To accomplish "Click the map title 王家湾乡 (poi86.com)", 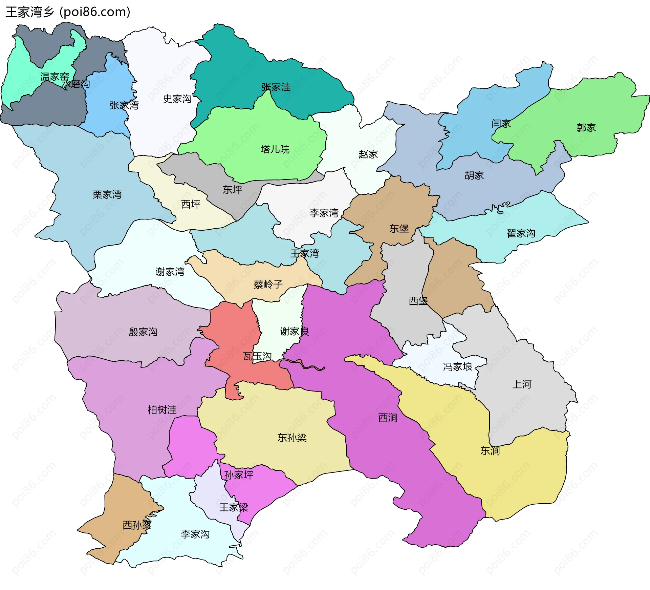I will [68, 12].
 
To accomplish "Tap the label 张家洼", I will [276, 87].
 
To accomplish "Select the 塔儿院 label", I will [275, 149].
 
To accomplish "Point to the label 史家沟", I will [177, 99].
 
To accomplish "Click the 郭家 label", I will [586, 128].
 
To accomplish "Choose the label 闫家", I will [501, 123].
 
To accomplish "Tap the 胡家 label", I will [474, 175].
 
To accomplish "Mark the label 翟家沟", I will [521, 233].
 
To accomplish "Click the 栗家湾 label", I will [107, 194].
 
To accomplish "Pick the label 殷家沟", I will [143, 332].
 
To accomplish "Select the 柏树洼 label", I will [162, 410].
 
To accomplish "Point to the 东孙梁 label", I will [292, 438].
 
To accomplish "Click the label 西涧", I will [388, 418].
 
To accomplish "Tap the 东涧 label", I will [490, 451].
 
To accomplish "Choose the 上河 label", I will [522, 384].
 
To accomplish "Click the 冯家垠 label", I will [457, 367].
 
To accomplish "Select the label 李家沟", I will [195, 534].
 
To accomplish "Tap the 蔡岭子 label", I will [268, 284].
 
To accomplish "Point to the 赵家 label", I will [368, 154].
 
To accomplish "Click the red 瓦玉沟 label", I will [257, 356].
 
